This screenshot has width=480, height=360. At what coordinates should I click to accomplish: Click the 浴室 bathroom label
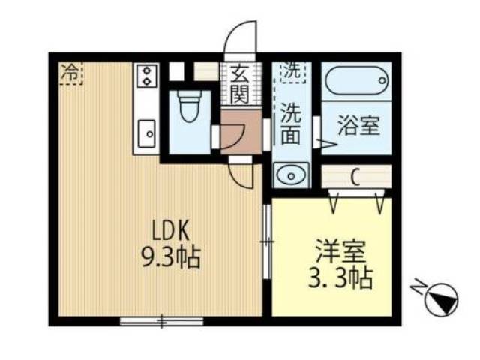356,126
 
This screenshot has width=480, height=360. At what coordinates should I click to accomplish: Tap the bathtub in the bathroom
356,79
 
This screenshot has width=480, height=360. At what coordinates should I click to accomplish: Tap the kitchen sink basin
146,134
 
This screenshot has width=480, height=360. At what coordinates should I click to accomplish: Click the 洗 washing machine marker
292,71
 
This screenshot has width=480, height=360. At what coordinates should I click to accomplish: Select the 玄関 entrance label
239,84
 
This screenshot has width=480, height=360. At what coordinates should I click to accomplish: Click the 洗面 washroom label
291,124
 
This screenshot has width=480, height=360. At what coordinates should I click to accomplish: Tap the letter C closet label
355,178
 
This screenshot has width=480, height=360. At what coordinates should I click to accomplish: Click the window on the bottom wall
161,320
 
